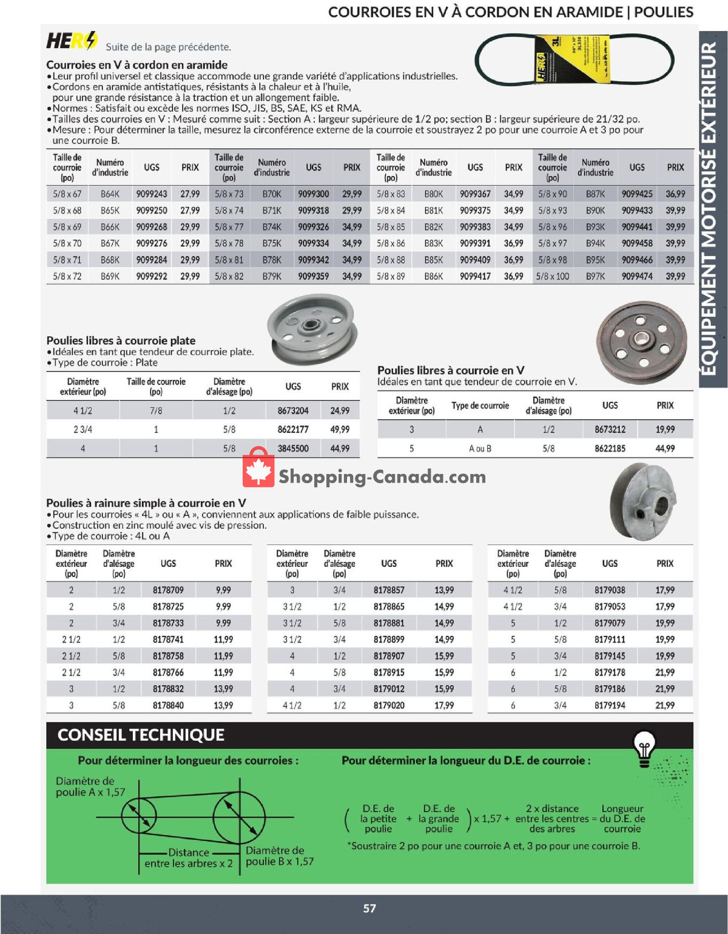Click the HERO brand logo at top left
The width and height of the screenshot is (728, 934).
pyautogui.click(x=72, y=41)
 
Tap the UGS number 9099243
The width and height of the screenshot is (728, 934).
pyautogui.click(x=152, y=194)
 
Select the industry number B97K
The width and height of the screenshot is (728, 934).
pyautogui.click(x=595, y=276)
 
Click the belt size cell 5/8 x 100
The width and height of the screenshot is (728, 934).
pyautogui.click(x=552, y=276)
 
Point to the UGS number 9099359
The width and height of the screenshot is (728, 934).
pyautogui.click(x=314, y=276)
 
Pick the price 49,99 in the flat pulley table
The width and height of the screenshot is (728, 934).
pyautogui.click(x=340, y=430)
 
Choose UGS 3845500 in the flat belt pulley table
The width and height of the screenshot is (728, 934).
pyautogui.click(x=293, y=448)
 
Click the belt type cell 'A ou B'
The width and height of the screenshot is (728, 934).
pyautogui.click(x=480, y=448)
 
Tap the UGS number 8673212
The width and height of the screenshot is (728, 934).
pyautogui.click(x=610, y=430)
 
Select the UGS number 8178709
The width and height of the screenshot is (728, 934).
pyautogui.click(x=168, y=590)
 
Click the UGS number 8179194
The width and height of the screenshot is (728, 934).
pyautogui.click(x=610, y=705)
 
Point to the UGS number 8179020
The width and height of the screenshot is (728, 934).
pyautogui.click(x=389, y=705)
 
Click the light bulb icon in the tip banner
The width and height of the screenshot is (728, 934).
pyautogui.click(x=644, y=748)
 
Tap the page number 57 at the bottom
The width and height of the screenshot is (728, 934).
pyautogui.click(x=369, y=909)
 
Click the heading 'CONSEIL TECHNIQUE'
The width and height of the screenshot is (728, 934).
pyautogui.click(x=141, y=735)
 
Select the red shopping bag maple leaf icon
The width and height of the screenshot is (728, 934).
pyautogui.click(x=258, y=468)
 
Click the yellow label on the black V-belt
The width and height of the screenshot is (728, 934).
pyautogui.click(x=571, y=59)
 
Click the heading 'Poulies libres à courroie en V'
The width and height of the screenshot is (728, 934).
pyautogui.click(x=451, y=370)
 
